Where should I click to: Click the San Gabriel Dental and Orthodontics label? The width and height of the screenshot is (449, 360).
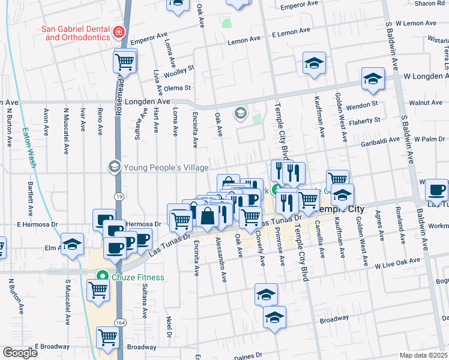click(x=75, y=32)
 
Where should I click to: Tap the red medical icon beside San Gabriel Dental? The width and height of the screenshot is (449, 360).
click(x=119, y=32)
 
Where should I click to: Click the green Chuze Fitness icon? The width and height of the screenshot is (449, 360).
click(x=102, y=277)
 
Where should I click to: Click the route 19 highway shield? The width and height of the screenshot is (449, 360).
click(x=120, y=196)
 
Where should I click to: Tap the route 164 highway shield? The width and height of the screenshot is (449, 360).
click(x=120, y=322)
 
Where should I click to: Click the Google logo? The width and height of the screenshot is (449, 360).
click(x=20, y=353)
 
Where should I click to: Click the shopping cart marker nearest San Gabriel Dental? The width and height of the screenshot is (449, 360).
click(x=125, y=61)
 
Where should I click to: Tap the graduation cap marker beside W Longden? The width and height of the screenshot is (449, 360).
click(x=373, y=79)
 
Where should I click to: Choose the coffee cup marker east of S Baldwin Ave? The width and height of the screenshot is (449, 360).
click(x=436, y=190)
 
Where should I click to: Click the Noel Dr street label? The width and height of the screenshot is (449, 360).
click(x=169, y=326)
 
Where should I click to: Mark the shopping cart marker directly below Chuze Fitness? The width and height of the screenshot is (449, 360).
click(x=98, y=290)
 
